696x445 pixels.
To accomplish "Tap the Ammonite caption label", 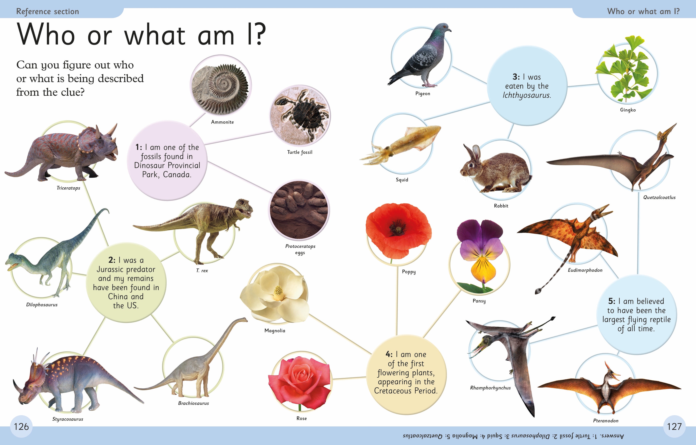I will point(222,122).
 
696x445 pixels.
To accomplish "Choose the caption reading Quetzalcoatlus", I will point(659,197).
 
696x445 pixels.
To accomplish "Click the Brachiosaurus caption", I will point(193,403).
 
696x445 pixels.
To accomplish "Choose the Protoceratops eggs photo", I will point(299,210).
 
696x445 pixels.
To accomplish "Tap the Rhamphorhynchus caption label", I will point(490,388).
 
